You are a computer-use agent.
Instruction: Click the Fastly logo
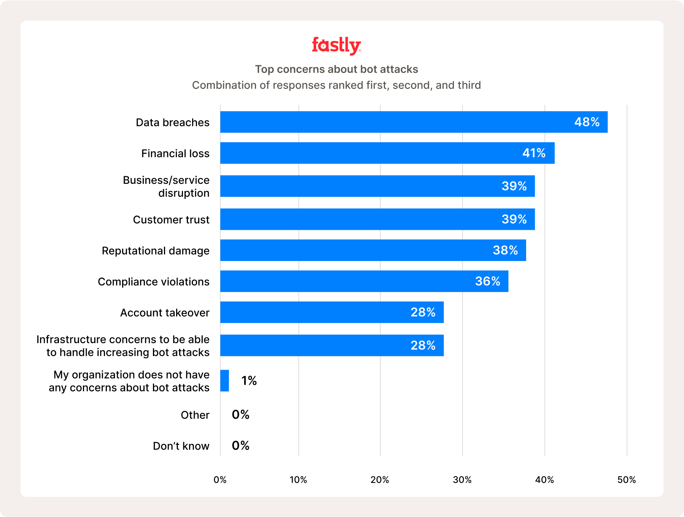click(336, 46)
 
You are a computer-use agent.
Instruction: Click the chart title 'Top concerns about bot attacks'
click(336, 69)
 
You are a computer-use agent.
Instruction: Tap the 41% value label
click(534, 153)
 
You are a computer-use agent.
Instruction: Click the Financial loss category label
click(175, 153)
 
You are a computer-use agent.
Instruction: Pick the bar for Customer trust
click(377, 219)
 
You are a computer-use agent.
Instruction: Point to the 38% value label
click(505, 250)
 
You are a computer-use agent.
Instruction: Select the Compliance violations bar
click(364, 281)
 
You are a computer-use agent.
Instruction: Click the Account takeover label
click(165, 313)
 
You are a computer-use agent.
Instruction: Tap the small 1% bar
click(224, 381)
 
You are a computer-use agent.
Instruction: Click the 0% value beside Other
click(240, 414)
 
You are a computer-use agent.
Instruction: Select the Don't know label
click(181, 446)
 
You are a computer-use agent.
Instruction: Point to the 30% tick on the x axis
click(462, 480)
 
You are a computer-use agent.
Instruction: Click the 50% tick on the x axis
click(627, 480)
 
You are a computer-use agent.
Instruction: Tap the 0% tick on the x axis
click(220, 480)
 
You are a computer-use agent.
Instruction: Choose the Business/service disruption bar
click(377, 186)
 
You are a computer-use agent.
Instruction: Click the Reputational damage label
click(156, 251)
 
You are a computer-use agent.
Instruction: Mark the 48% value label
click(587, 122)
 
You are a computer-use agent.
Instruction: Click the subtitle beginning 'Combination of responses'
click(336, 85)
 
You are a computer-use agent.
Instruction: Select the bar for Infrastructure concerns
click(332, 345)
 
